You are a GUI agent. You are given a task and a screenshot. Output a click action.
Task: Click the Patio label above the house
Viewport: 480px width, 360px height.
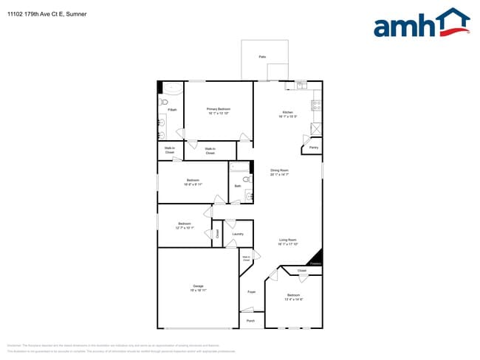(x=262, y=57)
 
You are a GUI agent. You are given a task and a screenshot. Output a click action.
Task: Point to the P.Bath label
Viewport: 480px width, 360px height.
(x=172, y=110)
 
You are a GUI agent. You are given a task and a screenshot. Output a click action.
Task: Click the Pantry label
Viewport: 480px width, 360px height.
(x=313, y=148)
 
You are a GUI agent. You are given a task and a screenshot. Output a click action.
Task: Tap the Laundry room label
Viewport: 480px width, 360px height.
(x=237, y=235)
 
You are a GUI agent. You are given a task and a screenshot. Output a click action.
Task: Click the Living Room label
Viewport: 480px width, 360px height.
(x=287, y=241)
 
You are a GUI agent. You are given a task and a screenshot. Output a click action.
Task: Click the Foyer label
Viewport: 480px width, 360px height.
(x=251, y=292)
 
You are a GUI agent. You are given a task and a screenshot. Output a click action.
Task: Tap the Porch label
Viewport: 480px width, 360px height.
(x=250, y=321)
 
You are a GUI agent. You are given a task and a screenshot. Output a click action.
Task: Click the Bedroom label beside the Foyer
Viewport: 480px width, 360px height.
(x=294, y=297)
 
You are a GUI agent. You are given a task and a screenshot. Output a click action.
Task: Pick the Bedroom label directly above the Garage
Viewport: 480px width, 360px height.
(x=185, y=225)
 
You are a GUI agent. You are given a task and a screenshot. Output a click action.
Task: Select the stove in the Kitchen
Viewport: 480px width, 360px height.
(x=317, y=107)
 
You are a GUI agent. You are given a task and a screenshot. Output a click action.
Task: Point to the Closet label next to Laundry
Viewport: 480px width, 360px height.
(x=217, y=233)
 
